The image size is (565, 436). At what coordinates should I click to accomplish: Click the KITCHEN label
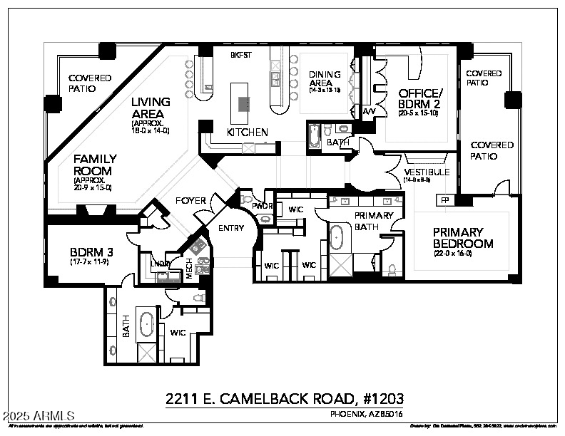pyautogui.click(x=247, y=133)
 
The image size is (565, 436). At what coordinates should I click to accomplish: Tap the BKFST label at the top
pyautogui.click(x=239, y=55)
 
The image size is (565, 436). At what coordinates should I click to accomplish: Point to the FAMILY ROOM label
pyautogui.click(x=93, y=165)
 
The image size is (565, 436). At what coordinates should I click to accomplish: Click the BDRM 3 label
pyautogui.click(x=91, y=252)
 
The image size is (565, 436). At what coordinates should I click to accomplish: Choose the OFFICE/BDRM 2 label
pyautogui.click(x=420, y=98)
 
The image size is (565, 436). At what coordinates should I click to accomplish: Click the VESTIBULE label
pyautogui.click(x=427, y=172)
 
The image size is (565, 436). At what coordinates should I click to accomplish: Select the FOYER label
pyautogui.click(x=190, y=202)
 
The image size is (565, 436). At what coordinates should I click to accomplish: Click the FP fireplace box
pyautogui.click(x=444, y=201)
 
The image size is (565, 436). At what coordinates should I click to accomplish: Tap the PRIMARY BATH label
pyautogui.click(x=374, y=221)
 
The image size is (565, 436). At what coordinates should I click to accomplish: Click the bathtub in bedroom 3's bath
pyautogui.click(x=147, y=324)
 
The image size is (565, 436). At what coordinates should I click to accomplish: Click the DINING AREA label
pyautogui.click(x=325, y=79)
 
